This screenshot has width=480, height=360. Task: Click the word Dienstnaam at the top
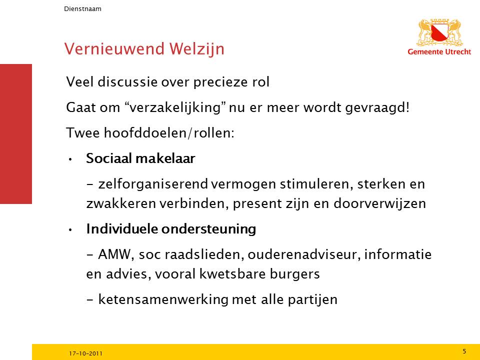click(x=82, y=9)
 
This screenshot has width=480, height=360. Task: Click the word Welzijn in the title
click(x=196, y=49)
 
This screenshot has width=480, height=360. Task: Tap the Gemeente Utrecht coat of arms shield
click(x=439, y=33)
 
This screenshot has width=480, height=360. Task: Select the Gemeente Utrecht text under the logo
click(x=439, y=51)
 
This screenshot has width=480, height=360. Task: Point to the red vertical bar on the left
click(x=16, y=134)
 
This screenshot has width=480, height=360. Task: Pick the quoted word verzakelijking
click(x=175, y=107)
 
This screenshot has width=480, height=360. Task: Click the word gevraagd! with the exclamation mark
click(x=377, y=108)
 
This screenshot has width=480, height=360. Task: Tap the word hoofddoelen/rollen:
click(x=169, y=133)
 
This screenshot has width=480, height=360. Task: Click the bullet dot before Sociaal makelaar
click(x=70, y=159)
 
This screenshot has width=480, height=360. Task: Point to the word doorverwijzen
click(x=379, y=204)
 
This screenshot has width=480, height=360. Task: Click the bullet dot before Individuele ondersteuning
click(x=70, y=230)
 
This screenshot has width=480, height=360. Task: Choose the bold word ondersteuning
click(x=209, y=229)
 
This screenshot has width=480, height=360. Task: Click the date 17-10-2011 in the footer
click(x=85, y=353)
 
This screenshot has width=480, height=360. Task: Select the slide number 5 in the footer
click(x=464, y=351)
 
